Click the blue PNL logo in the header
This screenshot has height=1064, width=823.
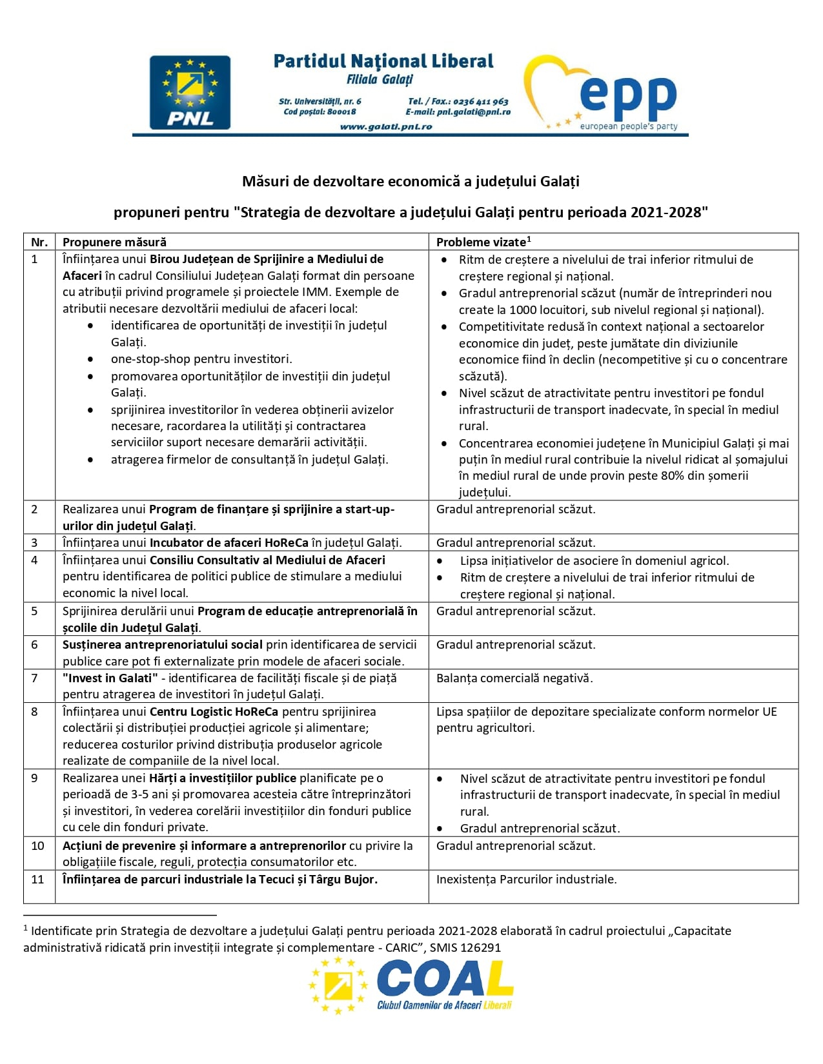pos(190,92)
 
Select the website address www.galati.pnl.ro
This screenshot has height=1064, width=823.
pos(386,126)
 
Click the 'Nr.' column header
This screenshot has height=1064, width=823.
pos(39,242)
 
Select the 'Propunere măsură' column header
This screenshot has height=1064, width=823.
pos(114,242)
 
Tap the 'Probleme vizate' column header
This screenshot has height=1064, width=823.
pos(482,242)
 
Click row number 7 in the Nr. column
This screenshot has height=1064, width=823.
pos(35,678)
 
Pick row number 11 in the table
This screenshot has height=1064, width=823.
pos(38,880)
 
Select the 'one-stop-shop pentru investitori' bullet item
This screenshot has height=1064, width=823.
pos(201,359)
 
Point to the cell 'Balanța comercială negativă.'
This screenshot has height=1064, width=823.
pos(514,678)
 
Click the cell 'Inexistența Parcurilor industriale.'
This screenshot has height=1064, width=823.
pos(526,880)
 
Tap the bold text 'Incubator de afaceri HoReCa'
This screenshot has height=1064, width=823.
pos(229,543)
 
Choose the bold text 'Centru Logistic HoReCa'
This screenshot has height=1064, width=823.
pos(214,712)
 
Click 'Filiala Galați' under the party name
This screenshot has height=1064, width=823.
pos(380,80)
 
